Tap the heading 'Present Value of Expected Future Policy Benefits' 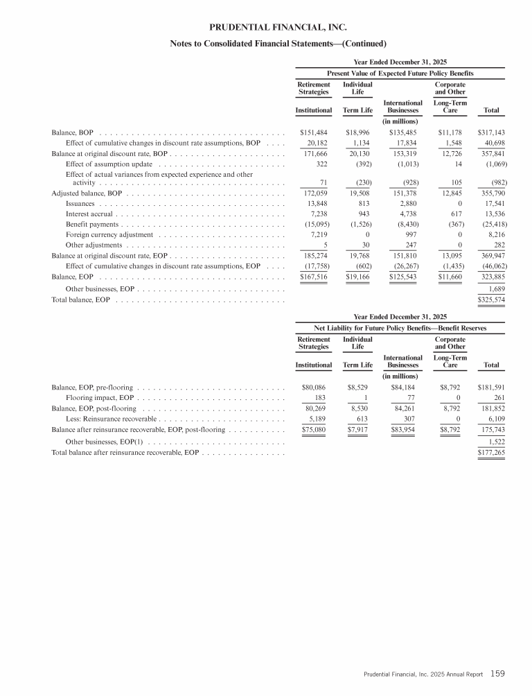(x=400, y=73)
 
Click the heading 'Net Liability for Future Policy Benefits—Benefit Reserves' (x=400, y=327)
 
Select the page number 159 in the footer (x=498, y=672)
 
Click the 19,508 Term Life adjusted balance (x=359, y=193)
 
